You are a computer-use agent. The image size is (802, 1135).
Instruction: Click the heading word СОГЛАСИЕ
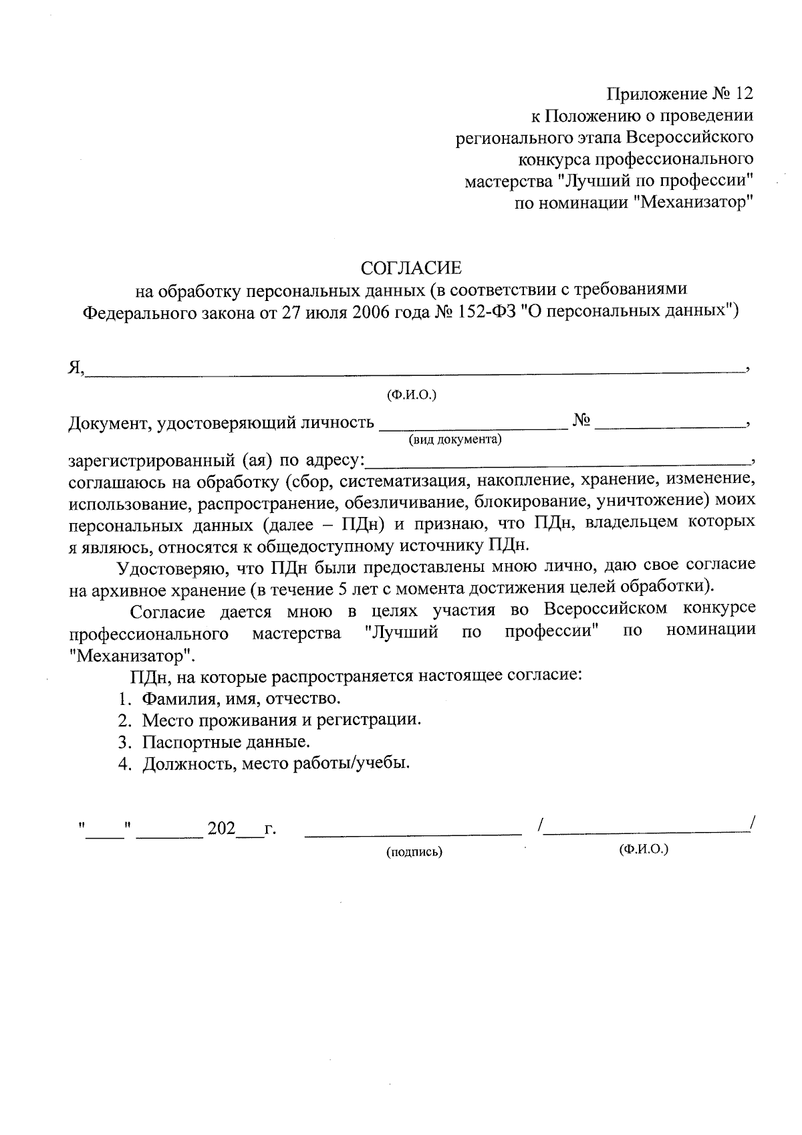click(411, 268)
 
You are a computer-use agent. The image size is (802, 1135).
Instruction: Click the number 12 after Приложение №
click(743, 94)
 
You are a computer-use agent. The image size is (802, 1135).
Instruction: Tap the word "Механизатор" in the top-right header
click(692, 203)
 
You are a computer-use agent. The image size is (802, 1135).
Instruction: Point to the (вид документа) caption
click(455, 440)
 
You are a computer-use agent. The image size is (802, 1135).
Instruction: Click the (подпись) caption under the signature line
click(414, 852)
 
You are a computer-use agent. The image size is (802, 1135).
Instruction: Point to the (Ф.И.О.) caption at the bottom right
click(644, 849)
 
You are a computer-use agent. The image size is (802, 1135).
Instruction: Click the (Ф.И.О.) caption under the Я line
click(412, 395)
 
